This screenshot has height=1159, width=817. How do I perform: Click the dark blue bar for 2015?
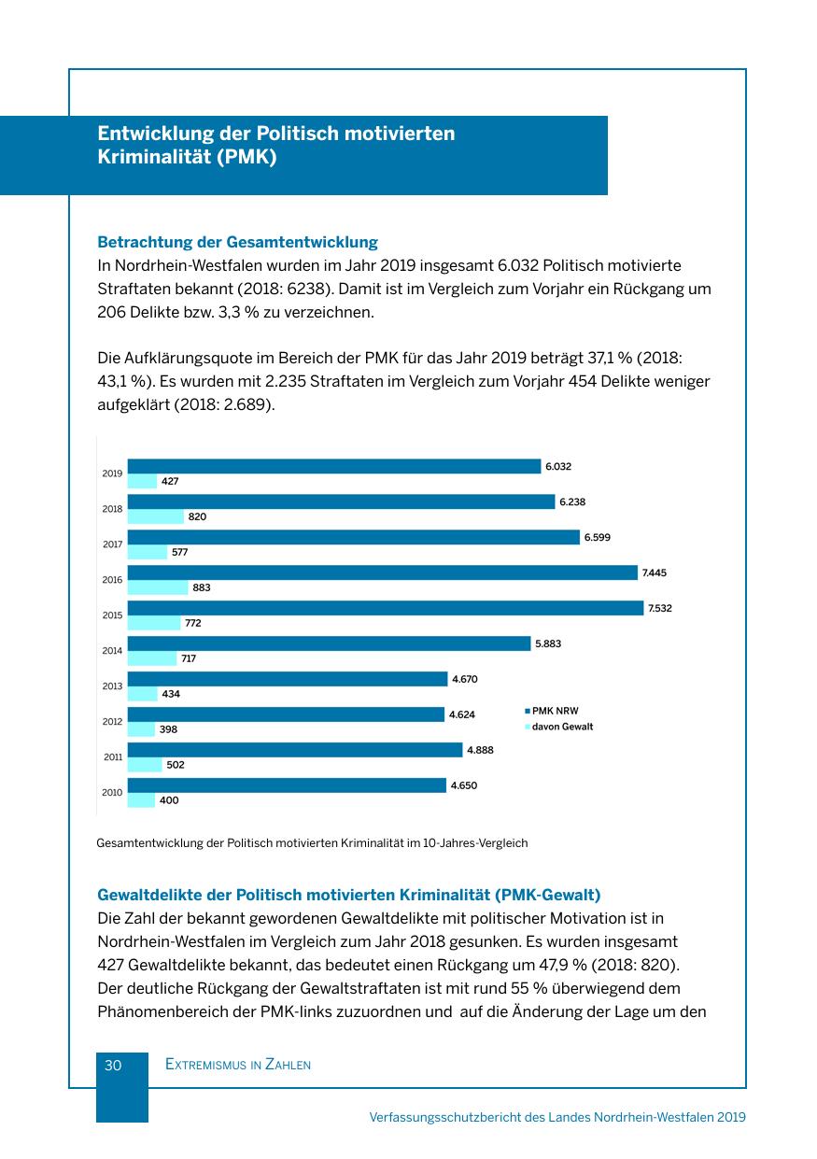(x=386, y=608)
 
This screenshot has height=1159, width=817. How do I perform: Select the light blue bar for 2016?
(x=158, y=587)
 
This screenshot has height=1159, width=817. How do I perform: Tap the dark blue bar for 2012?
(x=286, y=714)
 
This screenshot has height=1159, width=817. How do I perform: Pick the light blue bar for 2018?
(x=156, y=516)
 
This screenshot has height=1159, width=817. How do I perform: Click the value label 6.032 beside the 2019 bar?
(x=558, y=466)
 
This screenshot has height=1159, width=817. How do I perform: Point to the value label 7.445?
(x=655, y=572)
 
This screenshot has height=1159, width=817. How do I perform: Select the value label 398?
(x=169, y=729)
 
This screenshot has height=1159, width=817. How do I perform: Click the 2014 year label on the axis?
(x=112, y=651)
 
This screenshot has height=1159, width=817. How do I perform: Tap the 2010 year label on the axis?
(x=112, y=793)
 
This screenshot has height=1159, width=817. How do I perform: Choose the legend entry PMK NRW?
(x=555, y=711)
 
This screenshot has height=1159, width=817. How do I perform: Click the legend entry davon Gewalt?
(x=562, y=726)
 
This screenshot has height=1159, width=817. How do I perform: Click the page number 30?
(x=113, y=1065)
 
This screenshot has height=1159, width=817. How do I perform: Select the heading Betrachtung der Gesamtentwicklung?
(x=237, y=243)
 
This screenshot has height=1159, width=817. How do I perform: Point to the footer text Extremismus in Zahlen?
(x=237, y=1065)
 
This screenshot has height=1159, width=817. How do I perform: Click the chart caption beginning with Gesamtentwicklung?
(x=312, y=842)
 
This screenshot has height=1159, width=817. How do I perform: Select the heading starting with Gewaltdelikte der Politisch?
(x=348, y=897)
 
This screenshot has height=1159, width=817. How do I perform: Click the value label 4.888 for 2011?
(x=482, y=750)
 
